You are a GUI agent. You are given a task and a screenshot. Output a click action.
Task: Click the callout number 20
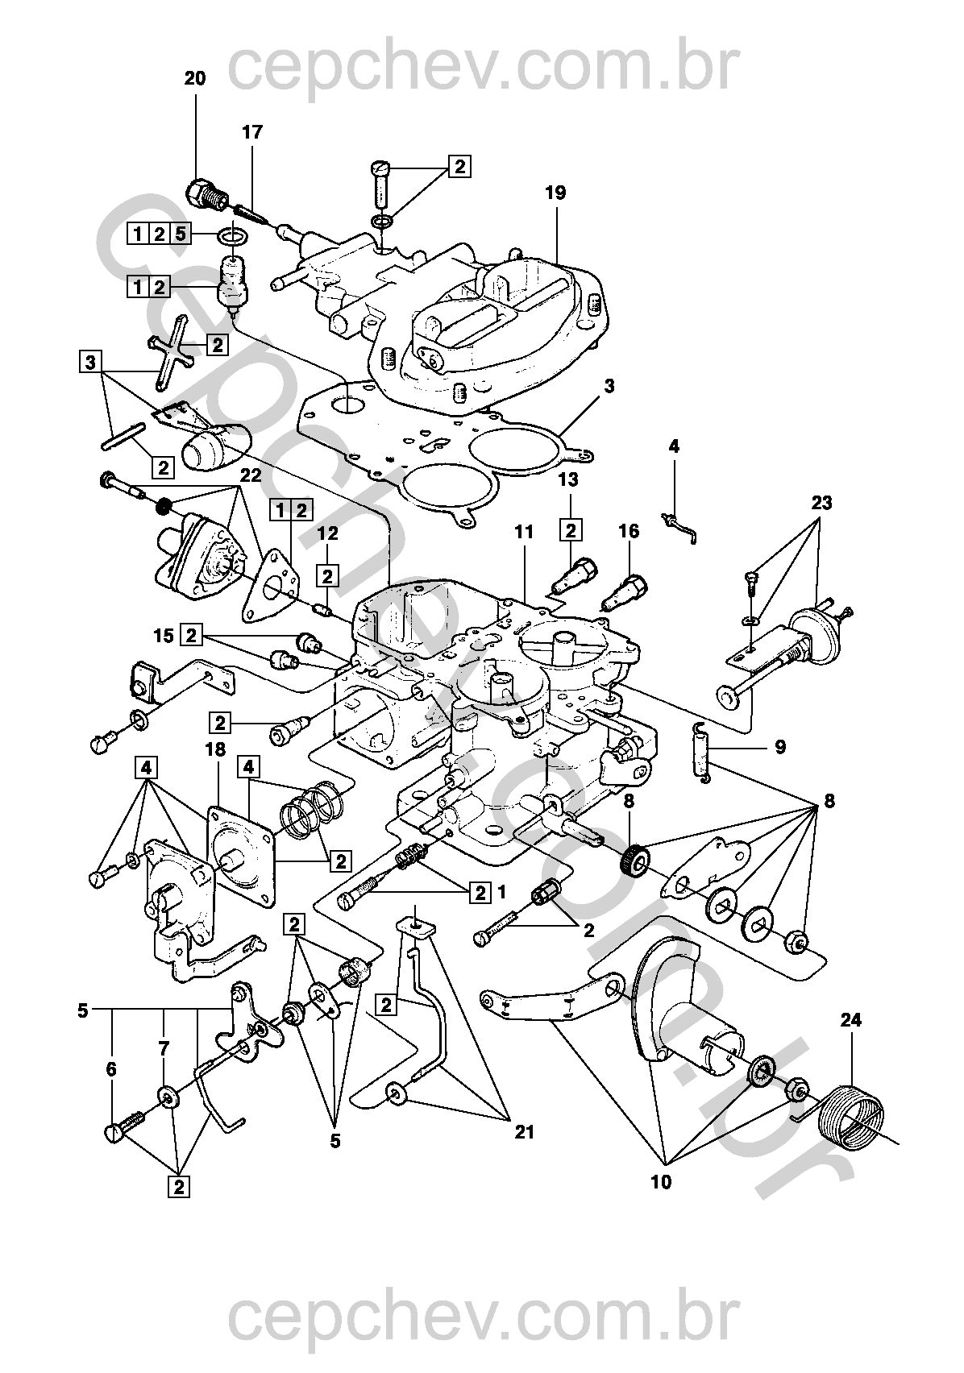click(195, 78)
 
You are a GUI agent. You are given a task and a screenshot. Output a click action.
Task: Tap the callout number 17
click(252, 132)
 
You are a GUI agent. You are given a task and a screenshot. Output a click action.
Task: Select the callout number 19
click(555, 193)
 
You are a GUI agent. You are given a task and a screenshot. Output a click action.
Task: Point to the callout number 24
click(850, 1020)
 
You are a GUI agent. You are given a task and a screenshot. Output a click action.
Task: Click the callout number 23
click(821, 504)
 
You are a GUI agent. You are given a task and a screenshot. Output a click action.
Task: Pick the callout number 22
click(251, 475)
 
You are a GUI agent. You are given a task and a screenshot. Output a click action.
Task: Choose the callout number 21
click(524, 1133)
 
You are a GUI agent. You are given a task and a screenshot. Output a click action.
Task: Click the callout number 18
click(215, 749)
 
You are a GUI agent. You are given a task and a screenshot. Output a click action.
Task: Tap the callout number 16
click(629, 531)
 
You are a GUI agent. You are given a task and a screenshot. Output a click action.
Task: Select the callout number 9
click(780, 747)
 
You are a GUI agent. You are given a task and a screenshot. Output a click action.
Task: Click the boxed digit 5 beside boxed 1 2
click(180, 234)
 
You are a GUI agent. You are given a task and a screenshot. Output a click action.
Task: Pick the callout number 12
click(327, 533)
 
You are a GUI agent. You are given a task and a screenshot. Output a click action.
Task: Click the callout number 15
click(164, 636)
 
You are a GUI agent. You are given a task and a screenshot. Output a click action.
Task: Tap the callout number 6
click(111, 1069)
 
